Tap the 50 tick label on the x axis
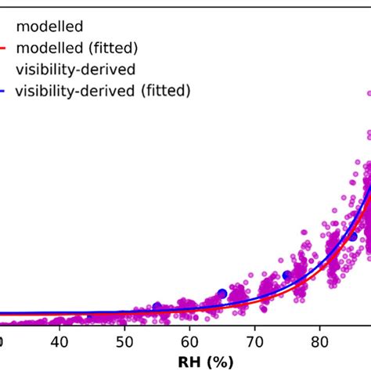124,342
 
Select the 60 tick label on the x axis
189,342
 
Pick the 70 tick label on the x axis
254,342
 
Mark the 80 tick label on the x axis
319,342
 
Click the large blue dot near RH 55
157,307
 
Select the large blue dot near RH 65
222,294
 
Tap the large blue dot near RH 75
287,275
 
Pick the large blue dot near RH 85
352,236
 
